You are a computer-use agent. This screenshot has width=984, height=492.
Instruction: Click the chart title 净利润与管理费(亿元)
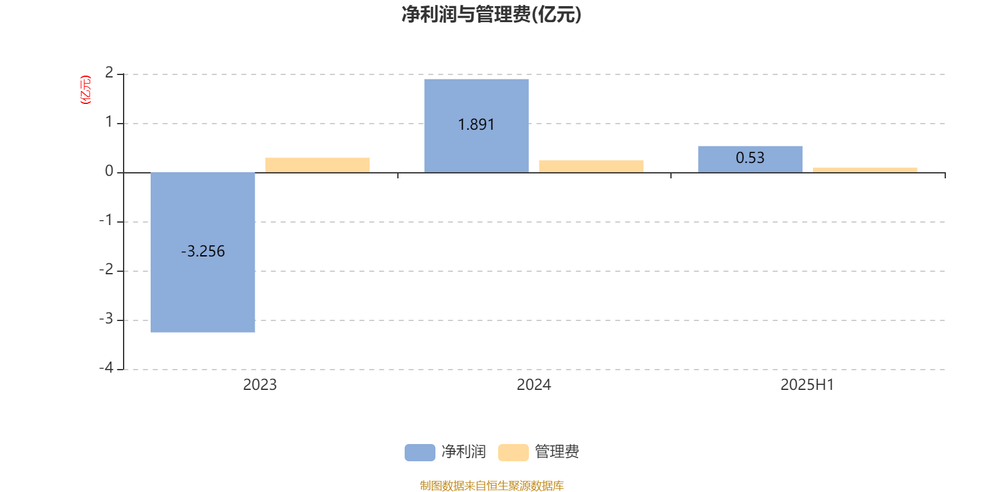tap(491, 15)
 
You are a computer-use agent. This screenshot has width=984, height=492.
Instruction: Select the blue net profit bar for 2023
tap(203, 252)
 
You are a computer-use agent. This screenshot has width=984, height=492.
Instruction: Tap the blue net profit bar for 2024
tap(477, 125)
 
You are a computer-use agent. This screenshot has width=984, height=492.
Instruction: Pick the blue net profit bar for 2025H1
tap(750, 159)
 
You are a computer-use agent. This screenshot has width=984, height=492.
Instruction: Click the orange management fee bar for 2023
tap(317, 165)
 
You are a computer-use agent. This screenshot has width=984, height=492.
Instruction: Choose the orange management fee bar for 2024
tap(591, 166)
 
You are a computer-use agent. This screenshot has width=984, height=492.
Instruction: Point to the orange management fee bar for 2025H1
tap(865, 170)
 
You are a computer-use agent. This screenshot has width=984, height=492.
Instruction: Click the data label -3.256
tap(203, 252)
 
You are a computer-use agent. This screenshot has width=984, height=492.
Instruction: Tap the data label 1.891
tap(477, 125)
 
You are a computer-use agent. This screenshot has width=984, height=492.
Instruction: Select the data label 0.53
tap(750, 157)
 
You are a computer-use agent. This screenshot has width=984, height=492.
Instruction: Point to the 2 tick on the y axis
tap(109, 73)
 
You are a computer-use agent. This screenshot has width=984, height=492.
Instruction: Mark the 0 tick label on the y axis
tap(109, 172)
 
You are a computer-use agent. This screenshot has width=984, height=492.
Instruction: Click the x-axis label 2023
tap(260, 385)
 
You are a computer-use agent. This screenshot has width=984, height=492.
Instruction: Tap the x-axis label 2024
tap(534, 385)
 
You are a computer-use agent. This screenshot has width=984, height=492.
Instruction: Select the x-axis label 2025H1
tap(807, 385)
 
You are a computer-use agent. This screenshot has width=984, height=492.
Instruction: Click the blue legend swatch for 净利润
tap(420, 453)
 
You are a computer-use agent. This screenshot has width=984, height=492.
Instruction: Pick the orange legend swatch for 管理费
tap(513, 453)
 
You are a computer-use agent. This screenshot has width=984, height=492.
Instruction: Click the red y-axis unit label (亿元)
tap(85, 90)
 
